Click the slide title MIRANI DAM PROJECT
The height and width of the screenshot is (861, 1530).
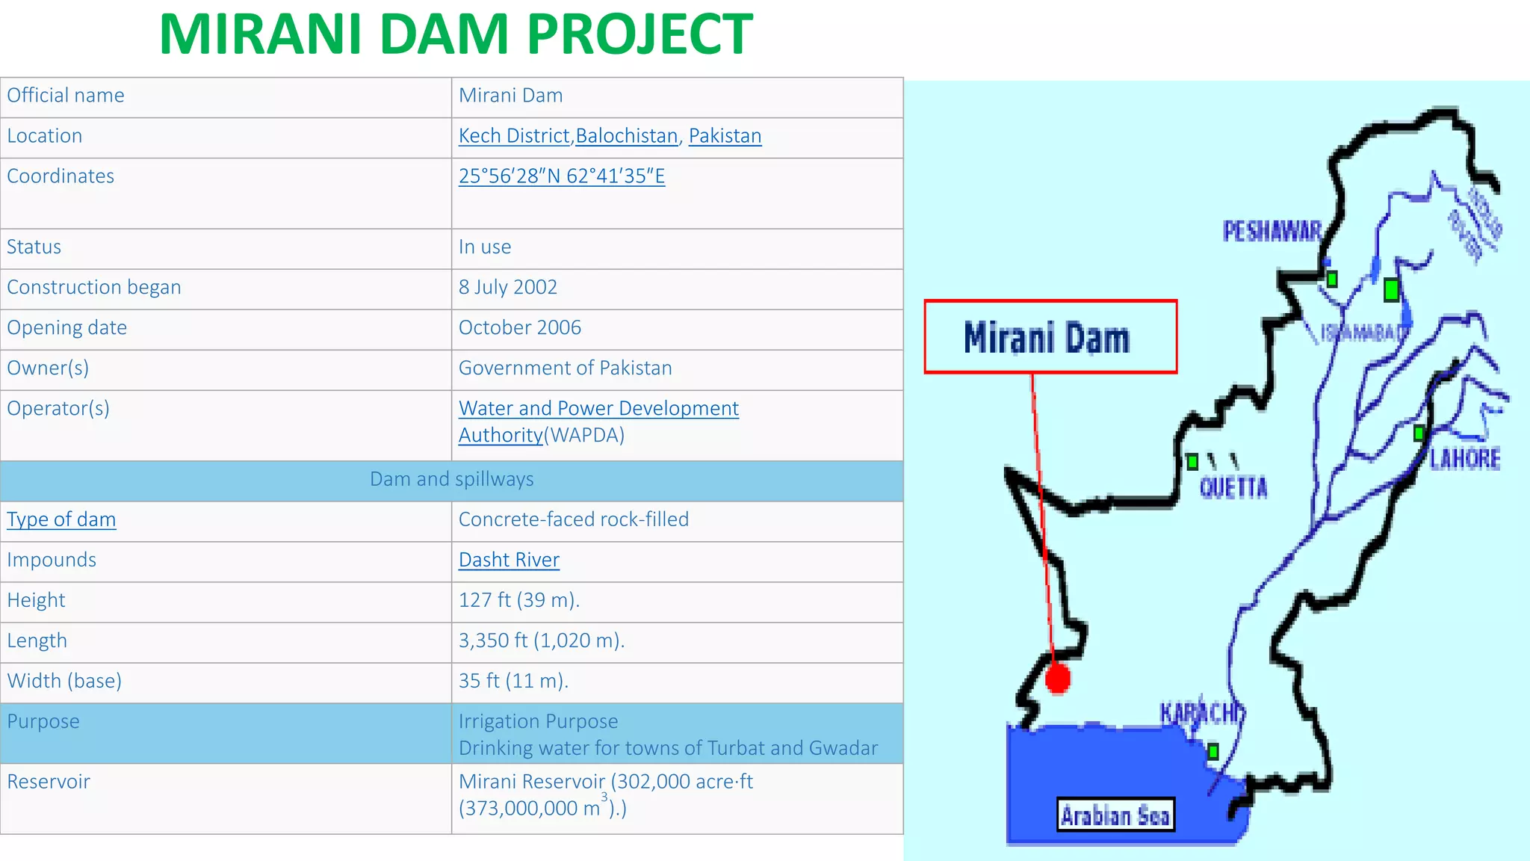(456, 34)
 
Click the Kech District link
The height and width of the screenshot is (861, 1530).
(514, 136)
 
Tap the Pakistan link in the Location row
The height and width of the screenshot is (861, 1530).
(725, 136)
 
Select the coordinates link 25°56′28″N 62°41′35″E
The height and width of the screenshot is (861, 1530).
(561, 176)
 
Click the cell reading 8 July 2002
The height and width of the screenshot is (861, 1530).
(508, 288)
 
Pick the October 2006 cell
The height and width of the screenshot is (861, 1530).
(519, 328)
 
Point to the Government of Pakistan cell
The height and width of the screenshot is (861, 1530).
(565, 368)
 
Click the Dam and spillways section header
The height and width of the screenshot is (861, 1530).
(451, 480)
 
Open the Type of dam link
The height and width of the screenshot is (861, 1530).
(61, 519)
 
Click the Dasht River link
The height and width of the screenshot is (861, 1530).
(509, 560)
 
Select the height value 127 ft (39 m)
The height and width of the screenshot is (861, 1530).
(518, 600)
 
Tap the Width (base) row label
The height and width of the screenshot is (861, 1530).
(64, 681)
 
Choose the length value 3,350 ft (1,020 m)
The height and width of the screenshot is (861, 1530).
(541, 641)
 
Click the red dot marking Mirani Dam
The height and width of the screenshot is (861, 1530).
(1057, 679)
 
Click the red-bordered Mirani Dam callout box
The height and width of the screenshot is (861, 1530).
(1050, 337)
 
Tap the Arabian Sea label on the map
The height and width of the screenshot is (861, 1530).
(1115, 815)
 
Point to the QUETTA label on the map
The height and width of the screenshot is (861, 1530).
(1233, 488)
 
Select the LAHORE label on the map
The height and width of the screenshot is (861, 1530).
(1464, 458)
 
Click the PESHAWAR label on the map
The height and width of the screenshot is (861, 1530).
(1272, 231)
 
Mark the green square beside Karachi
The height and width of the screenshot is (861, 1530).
(1213, 751)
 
